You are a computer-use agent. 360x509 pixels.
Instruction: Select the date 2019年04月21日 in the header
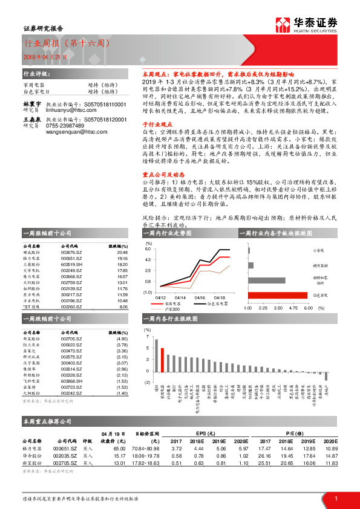[x=41, y=57]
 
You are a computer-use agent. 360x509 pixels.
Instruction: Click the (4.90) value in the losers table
[x=122, y=340]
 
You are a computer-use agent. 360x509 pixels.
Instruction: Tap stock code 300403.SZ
[x=72, y=363]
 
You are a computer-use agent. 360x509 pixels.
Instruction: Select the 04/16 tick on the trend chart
[x=200, y=297]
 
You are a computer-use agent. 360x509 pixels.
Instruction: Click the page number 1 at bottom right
[x=335, y=499]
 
